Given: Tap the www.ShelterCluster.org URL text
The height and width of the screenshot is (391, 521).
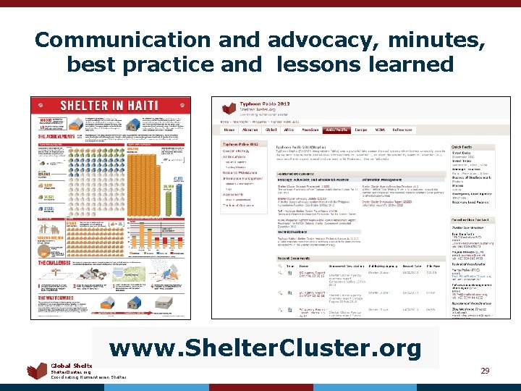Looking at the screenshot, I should [x=266, y=349].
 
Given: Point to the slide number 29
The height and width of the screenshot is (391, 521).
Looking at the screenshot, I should [x=485, y=371].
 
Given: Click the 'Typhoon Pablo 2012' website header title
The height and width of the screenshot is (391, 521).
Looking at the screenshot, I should [x=257, y=105].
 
